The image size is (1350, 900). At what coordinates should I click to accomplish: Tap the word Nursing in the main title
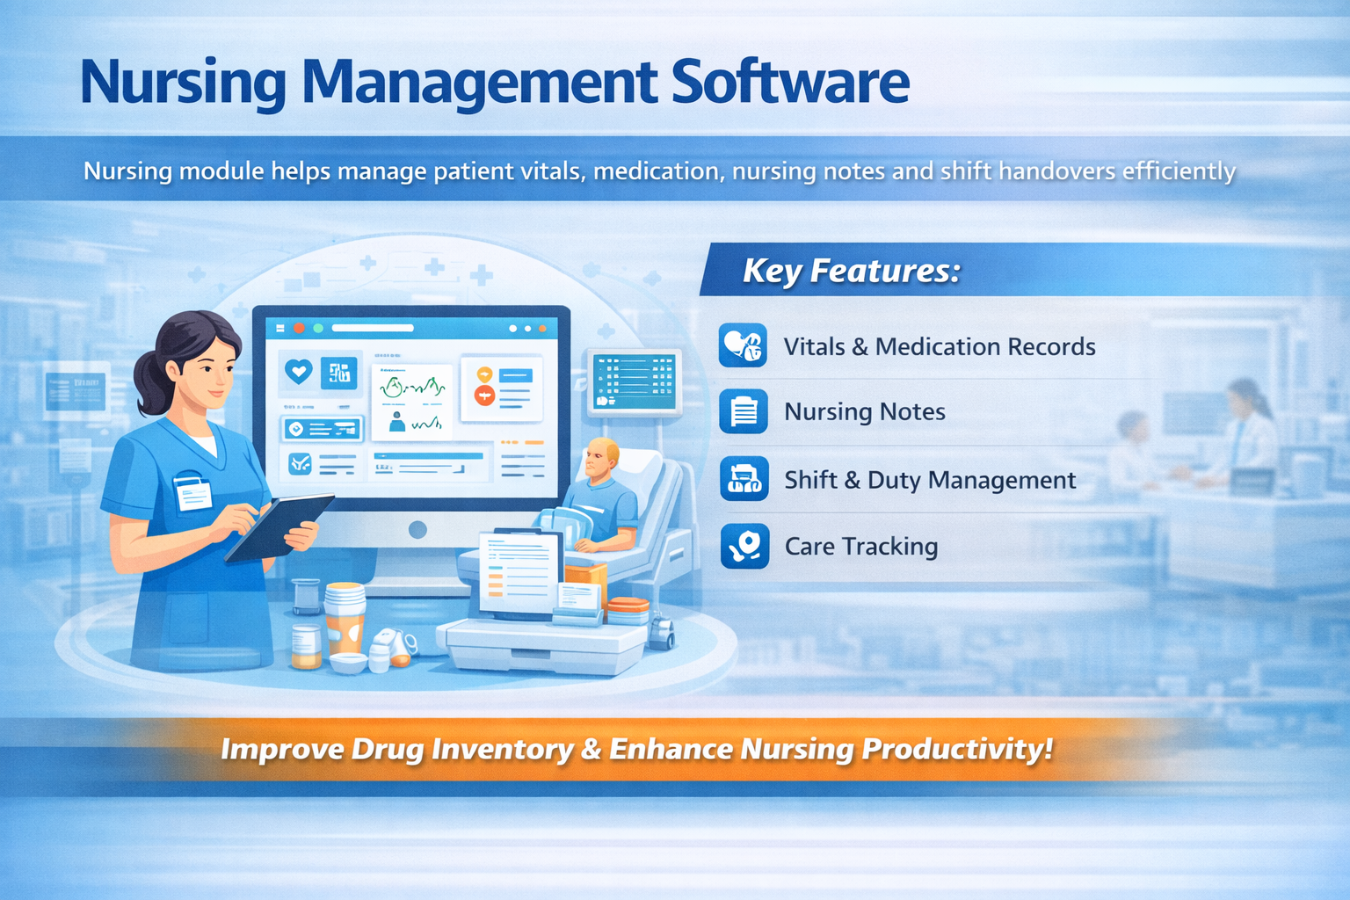pyautogui.click(x=183, y=83)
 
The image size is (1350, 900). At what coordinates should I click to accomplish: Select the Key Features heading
pyautogui.click(x=851, y=271)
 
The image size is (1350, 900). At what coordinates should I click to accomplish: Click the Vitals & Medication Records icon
pyautogui.click(x=743, y=345)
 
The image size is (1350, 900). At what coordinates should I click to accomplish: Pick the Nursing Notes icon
pyautogui.click(x=743, y=411)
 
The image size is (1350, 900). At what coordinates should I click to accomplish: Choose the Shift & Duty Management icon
pyautogui.click(x=744, y=479)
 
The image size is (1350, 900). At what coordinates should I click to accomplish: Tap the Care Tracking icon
pyautogui.click(x=744, y=546)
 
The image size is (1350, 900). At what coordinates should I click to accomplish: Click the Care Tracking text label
pyautogui.click(x=860, y=547)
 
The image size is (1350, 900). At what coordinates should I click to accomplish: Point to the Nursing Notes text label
pyautogui.click(x=864, y=411)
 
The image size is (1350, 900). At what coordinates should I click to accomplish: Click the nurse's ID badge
pyautogui.click(x=192, y=492)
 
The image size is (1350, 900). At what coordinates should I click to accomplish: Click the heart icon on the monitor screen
pyautogui.click(x=299, y=372)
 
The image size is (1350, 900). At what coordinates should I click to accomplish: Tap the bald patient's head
pyautogui.click(x=603, y=457)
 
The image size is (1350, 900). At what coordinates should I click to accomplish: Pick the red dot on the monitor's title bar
pyautogui.click(x=299, y=328)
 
